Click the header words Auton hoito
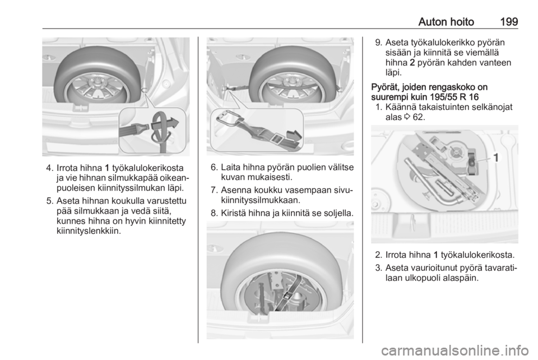[446, 22]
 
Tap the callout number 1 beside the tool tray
[496, 158]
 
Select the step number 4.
[50, 168]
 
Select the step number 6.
[214, 168]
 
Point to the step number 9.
[378, 43]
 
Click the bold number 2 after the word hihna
[412, 63]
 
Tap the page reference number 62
[418, 117]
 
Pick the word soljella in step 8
[337, 214]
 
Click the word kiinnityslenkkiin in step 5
[89, 231]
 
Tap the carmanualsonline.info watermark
[455, 350]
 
